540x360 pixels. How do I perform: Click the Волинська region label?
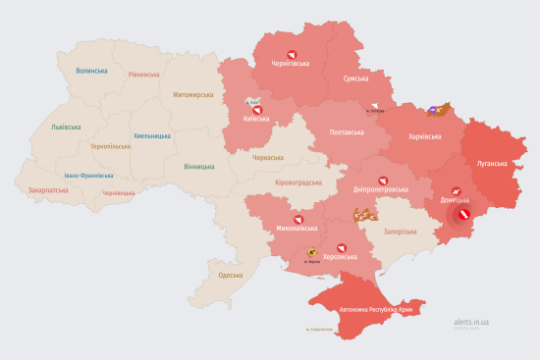click(91, 71)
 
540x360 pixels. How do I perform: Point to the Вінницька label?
click(199, 167)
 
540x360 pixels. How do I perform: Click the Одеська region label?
click(231, 276)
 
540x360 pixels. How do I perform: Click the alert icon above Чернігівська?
click(290, 55)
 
